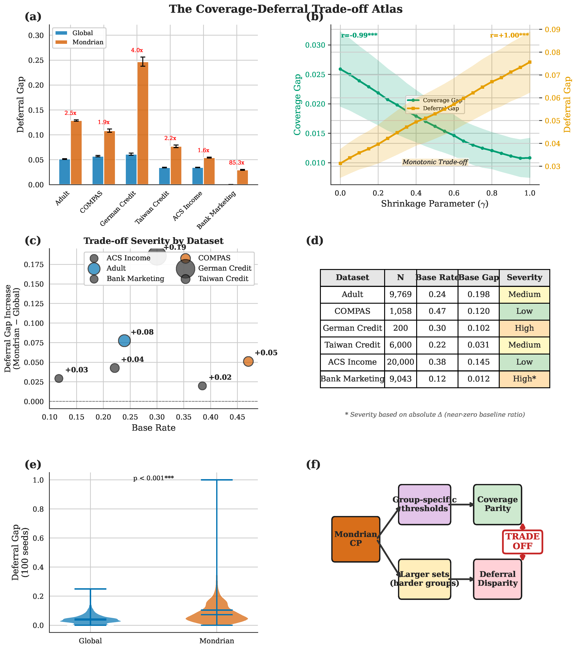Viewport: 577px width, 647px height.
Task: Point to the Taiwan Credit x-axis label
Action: [x=152, y=207]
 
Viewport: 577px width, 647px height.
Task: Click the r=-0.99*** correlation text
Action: [x=359, y=35]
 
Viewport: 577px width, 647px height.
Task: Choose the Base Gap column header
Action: [x=478, y=278]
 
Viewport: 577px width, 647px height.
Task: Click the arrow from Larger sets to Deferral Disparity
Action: [x=462, y=579]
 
